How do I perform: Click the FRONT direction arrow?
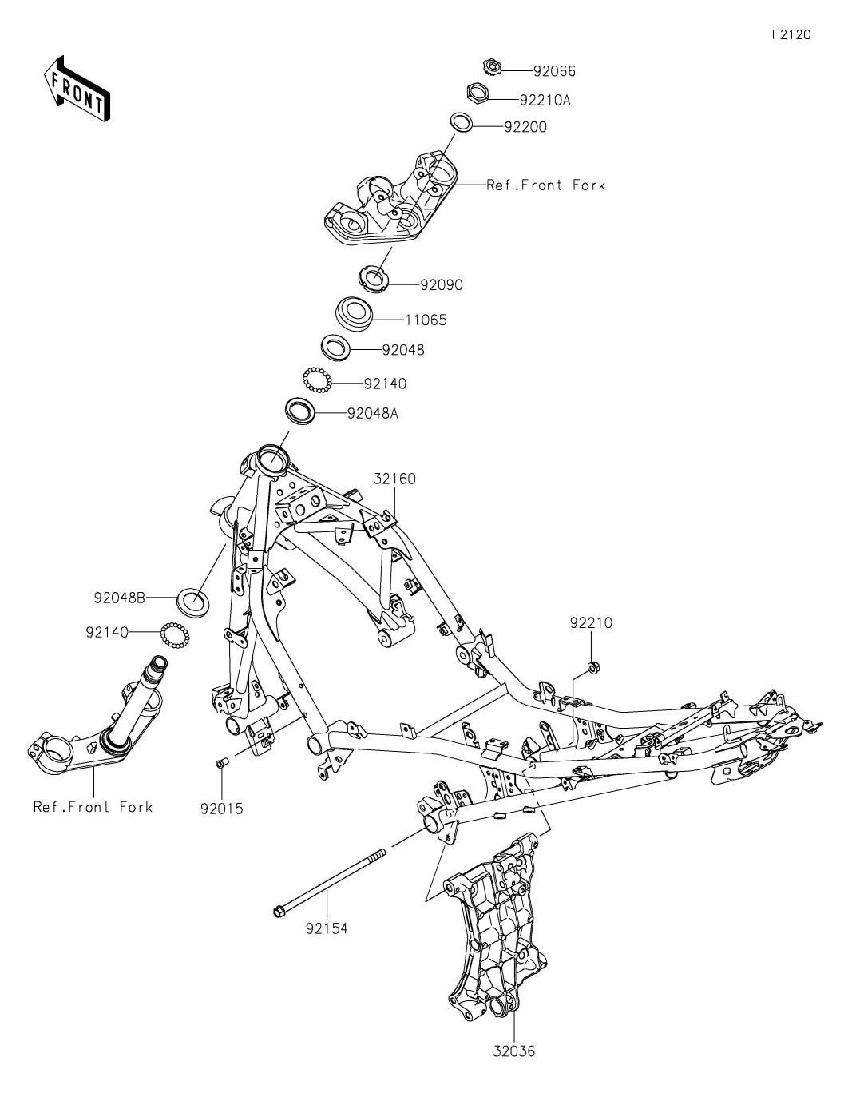[77, 88]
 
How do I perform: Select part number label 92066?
[554, 71]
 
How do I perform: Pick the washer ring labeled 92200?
[462, 122]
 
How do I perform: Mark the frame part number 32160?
[394, 479]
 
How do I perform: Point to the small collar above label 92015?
[222, 763]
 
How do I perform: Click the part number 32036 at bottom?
[513, 1051]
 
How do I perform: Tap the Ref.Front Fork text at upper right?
[546, 185]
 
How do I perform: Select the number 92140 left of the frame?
[107, 632]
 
